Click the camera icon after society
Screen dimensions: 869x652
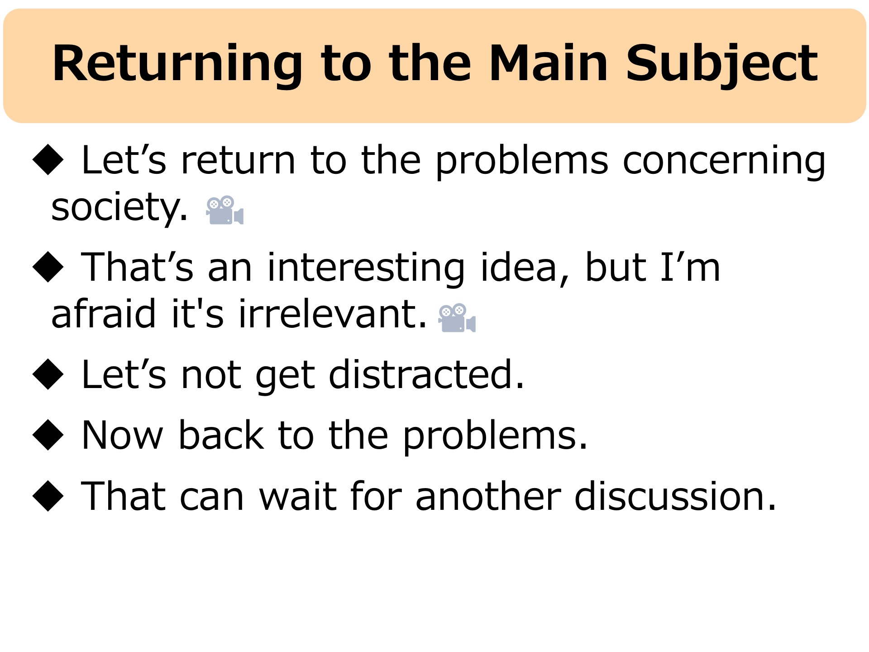pos(225,210)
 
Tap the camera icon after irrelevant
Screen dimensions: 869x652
pos(457,318)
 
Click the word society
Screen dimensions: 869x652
pos(119,207)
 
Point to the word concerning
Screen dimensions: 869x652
pos(724,160)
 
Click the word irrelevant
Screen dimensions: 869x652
pos(332,313)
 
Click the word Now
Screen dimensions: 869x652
pos(122,435)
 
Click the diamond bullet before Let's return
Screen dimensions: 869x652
pos(48,159)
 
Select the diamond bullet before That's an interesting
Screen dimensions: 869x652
pos(48,267)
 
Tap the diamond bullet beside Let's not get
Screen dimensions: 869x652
pos(48,374)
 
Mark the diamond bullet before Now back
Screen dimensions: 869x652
pos(48,435)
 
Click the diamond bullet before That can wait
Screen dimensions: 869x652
pos(48,496)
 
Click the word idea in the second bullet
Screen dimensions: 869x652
pos(524,268)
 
